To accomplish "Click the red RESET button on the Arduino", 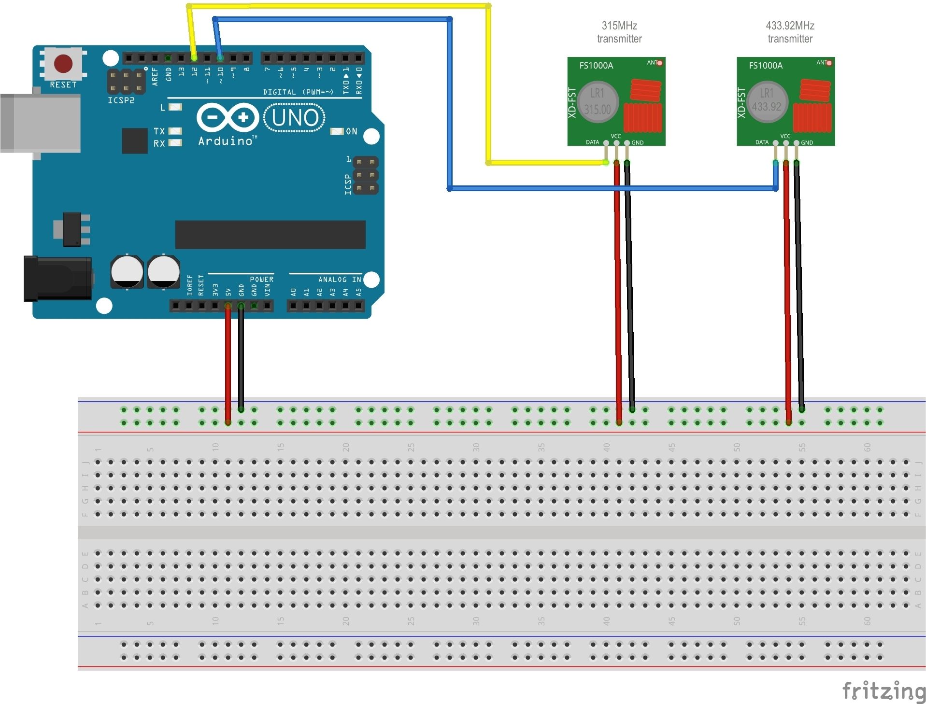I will [x=63, y=63].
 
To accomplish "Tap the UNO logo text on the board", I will [x=295, y=118].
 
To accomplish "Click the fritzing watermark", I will [x=883, y=690].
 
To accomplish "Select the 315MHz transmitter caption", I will [x=619, y=32].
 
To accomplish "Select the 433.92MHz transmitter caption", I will [x=790, y=32].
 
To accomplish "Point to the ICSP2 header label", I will [x=121, y=100].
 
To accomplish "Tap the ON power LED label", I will [x=351, y=131].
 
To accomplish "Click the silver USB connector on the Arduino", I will [x=41, y=123].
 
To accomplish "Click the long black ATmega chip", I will [x=270, y=235].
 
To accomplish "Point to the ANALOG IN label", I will [x=340, y=279].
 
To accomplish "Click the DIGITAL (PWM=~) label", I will [x=298, y=92].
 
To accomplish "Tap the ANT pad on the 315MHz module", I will [x=659, y=63].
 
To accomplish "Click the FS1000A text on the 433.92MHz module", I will [x=766, y=65].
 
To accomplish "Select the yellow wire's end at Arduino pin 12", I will [x=194, y=57].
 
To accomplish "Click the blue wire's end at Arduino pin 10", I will [x=220, y=57].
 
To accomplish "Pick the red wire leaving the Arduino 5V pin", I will [x=228, y=362].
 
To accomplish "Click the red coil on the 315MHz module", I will [x=645, y=90].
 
